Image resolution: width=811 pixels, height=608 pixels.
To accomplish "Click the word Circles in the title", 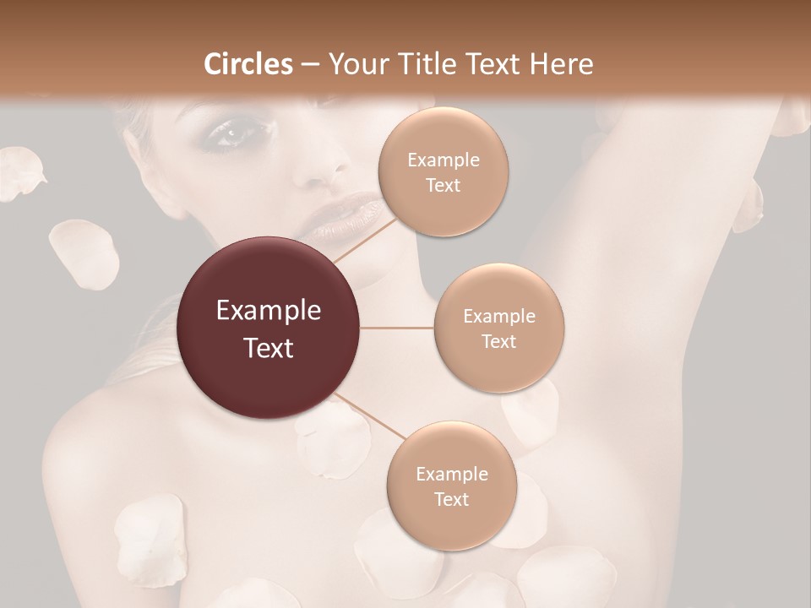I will (248, 63).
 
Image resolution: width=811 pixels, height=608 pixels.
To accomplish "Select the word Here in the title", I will (560, 63).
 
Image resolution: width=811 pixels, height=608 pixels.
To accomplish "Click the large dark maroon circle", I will (269, 328).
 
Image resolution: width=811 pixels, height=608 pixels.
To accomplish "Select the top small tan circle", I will (443, 172).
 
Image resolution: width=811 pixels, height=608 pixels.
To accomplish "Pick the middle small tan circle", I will (499, 328).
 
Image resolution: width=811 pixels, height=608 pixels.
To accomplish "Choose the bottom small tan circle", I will (452, 486).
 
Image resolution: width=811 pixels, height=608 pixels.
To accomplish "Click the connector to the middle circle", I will (397, 328).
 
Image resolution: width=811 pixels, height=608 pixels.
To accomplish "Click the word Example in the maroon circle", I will (269, 311).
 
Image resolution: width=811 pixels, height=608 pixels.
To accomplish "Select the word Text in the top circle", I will (443, 186).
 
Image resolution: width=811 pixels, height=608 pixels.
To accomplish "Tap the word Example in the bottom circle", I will (452, 474).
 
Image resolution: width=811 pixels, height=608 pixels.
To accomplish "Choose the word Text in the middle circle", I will (499, 341).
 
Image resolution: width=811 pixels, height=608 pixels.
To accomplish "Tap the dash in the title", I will (309, 65).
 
